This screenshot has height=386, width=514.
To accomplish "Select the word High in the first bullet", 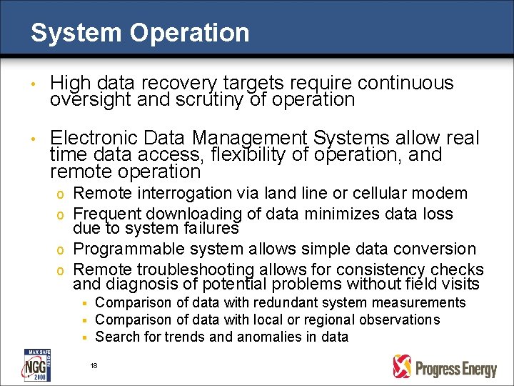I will [71, 83].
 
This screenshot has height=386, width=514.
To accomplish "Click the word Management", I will [263, 137].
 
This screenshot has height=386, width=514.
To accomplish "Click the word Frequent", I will [108, 214].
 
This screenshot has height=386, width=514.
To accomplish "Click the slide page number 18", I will [94, 365].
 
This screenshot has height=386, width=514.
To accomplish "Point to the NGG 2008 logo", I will [36, 365].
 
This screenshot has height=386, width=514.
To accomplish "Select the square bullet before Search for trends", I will [84, 337].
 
